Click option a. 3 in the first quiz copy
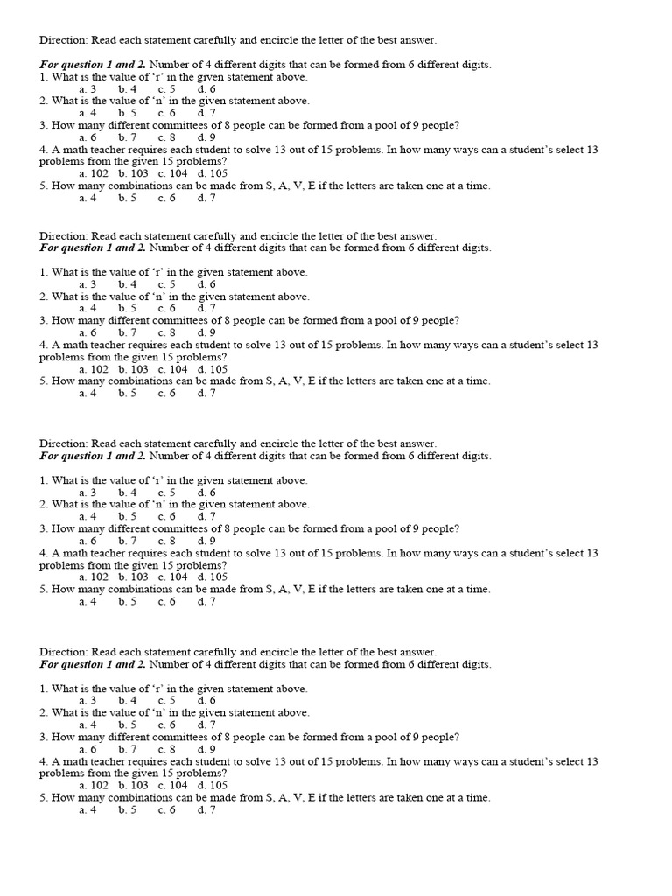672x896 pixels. pyautogui.click(x=87, y=89)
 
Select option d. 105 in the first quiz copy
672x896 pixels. pyautogui.click(x=213, y=173)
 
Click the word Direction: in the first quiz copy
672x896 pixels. pyautogui.click(x=64, y=40)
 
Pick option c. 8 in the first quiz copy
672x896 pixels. pyautogui.click(x=167, y=137)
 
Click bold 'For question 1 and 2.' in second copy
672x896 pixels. pyautogui.click(x=93, y=248)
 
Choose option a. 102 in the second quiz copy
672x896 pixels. pyautogui.click(x=94, y=369)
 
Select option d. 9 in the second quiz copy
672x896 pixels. pyautogui.click(x=206, y=332)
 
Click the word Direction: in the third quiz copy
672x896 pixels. pyautogui.click(x=64, y=444)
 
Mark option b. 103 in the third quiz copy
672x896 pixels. pyautogui.click(x=134, y=577)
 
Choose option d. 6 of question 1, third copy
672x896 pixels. pyautogui.click(x=206, y=493)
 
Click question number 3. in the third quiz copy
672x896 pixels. pyautogui.click(x=44, y=529)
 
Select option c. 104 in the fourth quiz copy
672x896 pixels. pyautogui.click(x=173, y=786)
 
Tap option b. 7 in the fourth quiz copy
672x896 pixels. pyautogui.click(x=128, y=749)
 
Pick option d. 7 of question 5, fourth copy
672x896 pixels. pyautogui.click(x=206, y=810)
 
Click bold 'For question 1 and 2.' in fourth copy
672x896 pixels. pyautogui.click(x=93, y=665)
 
